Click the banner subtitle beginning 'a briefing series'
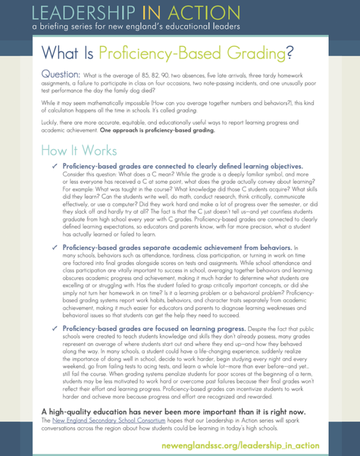(136, 26)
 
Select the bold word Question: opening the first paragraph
(60, 75)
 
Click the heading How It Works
(79, 151)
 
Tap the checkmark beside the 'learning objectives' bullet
(54, 166)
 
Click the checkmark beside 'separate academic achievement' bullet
(54, 247)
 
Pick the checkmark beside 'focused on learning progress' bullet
(54, 328)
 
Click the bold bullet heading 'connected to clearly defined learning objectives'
(183, 166)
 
